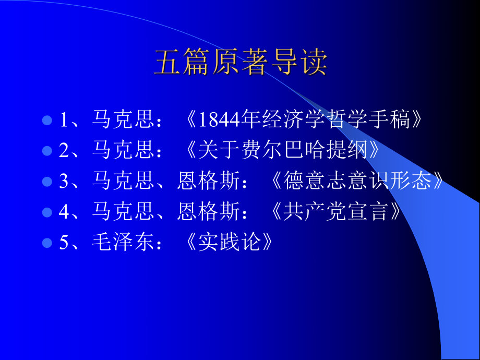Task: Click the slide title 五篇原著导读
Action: pyautogui.click(x=241, y=63)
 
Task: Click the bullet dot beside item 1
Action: pyautogui.click(x=47, y=121)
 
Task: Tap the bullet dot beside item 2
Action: pyautogui.click(x=47, y=151)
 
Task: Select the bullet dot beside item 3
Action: pyautogui.click(x=47, y=182)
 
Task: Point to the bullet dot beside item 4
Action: pyautogui.click(x=47, y=212)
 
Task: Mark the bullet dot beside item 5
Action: pyautogui.click(x=47, y=243)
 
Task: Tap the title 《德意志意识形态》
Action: pyautogui.click(x=359, y=181)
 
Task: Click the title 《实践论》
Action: pyautogui.click(x=229, y=243)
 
